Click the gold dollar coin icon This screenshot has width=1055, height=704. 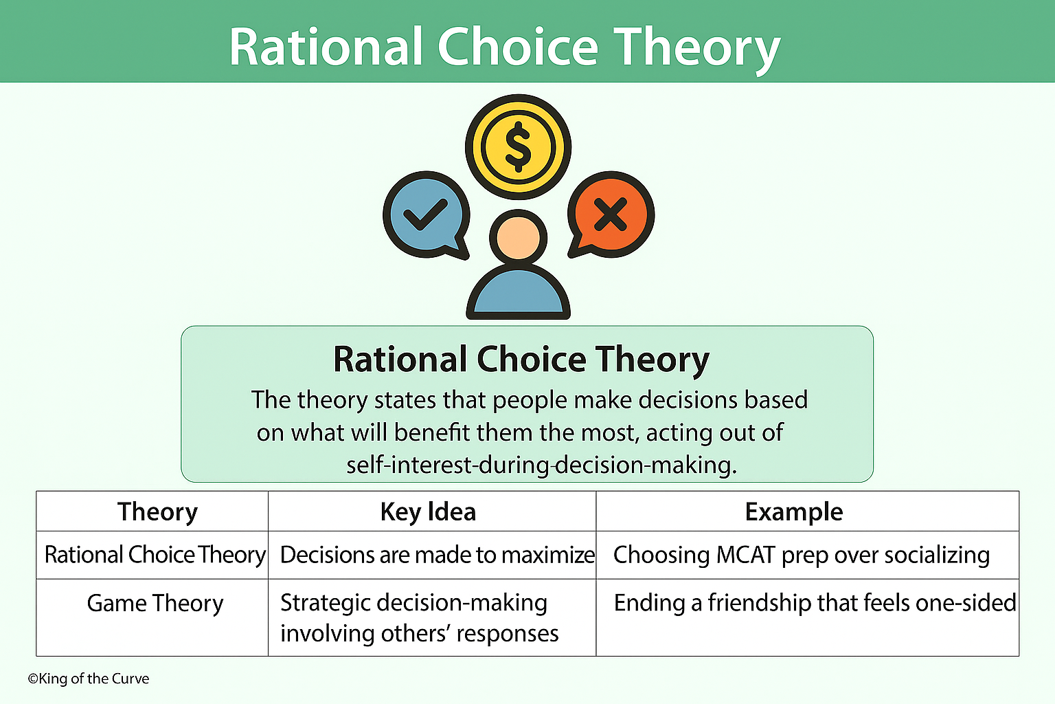click(x=518, y=147)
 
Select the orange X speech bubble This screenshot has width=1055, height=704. click(x=611, y=214)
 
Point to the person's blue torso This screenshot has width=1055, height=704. click(x=519, y=293)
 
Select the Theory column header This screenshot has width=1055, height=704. click(x=157, y=512)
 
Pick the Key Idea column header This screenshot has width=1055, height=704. click(x=428, y=512)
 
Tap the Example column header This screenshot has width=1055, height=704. click(x=793, y=512)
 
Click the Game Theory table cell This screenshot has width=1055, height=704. click(x=155, y=604)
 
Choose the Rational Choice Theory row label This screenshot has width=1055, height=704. click(x=155, y=555)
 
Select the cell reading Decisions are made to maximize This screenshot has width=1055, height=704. click(x=437, y=555)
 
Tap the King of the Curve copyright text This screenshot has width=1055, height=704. click(x=89, y=679)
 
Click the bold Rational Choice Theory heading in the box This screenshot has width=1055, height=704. click(x=521, y=360)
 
